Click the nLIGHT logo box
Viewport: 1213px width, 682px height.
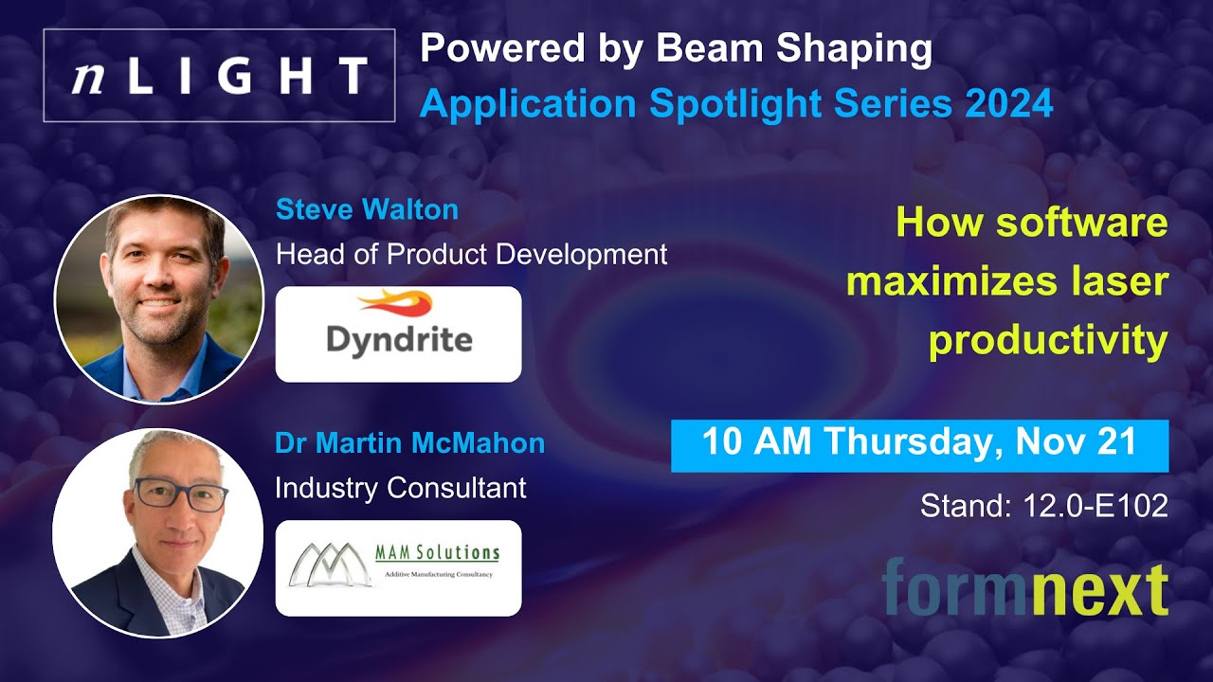[x=219, y=76]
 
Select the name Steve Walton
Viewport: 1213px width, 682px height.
[x=367, y=209]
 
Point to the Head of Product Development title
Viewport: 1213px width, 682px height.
[x=471, y=254]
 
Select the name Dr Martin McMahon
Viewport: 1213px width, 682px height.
[x=409, y=443]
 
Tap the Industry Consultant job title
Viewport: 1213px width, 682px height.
[x=400, y=488]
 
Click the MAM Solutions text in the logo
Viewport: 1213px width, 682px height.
[x=439, y=552]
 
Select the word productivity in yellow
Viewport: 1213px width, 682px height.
[x=1048, y=341]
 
